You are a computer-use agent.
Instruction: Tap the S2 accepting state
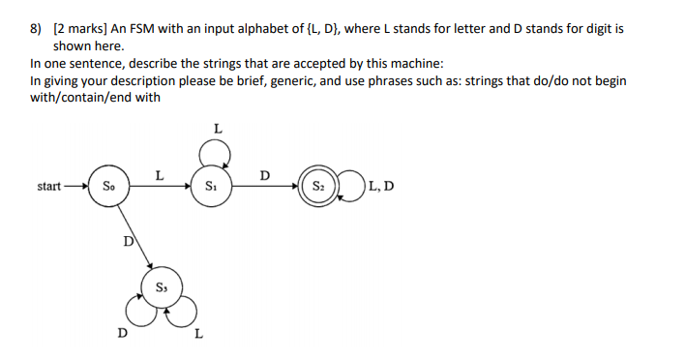click(317, 186)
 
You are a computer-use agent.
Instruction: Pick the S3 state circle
click(161, 286)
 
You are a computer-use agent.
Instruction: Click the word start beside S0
click(48, 186)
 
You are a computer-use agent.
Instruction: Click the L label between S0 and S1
click(159, 174)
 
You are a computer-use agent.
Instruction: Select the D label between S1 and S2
click(265, 174)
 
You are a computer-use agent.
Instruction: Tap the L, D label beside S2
click(380, 186)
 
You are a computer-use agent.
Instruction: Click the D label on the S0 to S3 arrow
click(127, 239)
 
